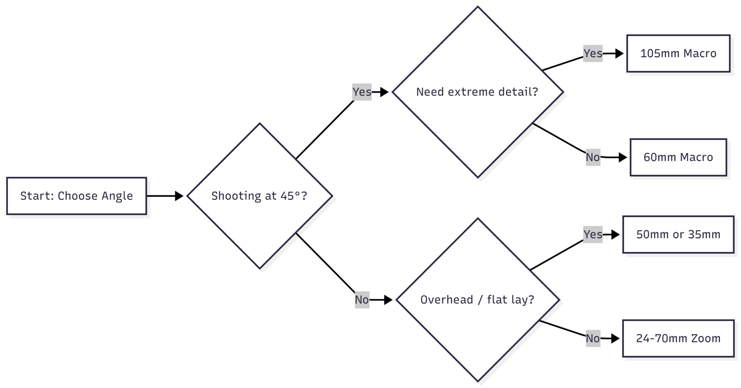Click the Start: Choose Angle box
point(76,196)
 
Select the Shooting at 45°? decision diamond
point(259,196)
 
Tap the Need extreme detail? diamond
point(477,92)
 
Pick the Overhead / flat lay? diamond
point(477,300)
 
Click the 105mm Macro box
point(678,53)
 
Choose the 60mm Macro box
point(678,157)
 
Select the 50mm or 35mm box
point(678,234)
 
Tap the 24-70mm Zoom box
point(678,338)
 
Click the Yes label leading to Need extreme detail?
point(362,92)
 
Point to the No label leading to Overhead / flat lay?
point(362,300)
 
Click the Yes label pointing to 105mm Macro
point(592,53)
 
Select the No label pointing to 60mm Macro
point(592,157)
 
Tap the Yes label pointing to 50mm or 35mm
point(592,234)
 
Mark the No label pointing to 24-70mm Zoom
point(592,338)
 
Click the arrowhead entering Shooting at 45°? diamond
point(179,196)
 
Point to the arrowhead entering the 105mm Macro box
point(619,53)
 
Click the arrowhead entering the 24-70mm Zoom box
point(616,338)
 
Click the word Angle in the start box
point(117,196)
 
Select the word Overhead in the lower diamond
point(447,300)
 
